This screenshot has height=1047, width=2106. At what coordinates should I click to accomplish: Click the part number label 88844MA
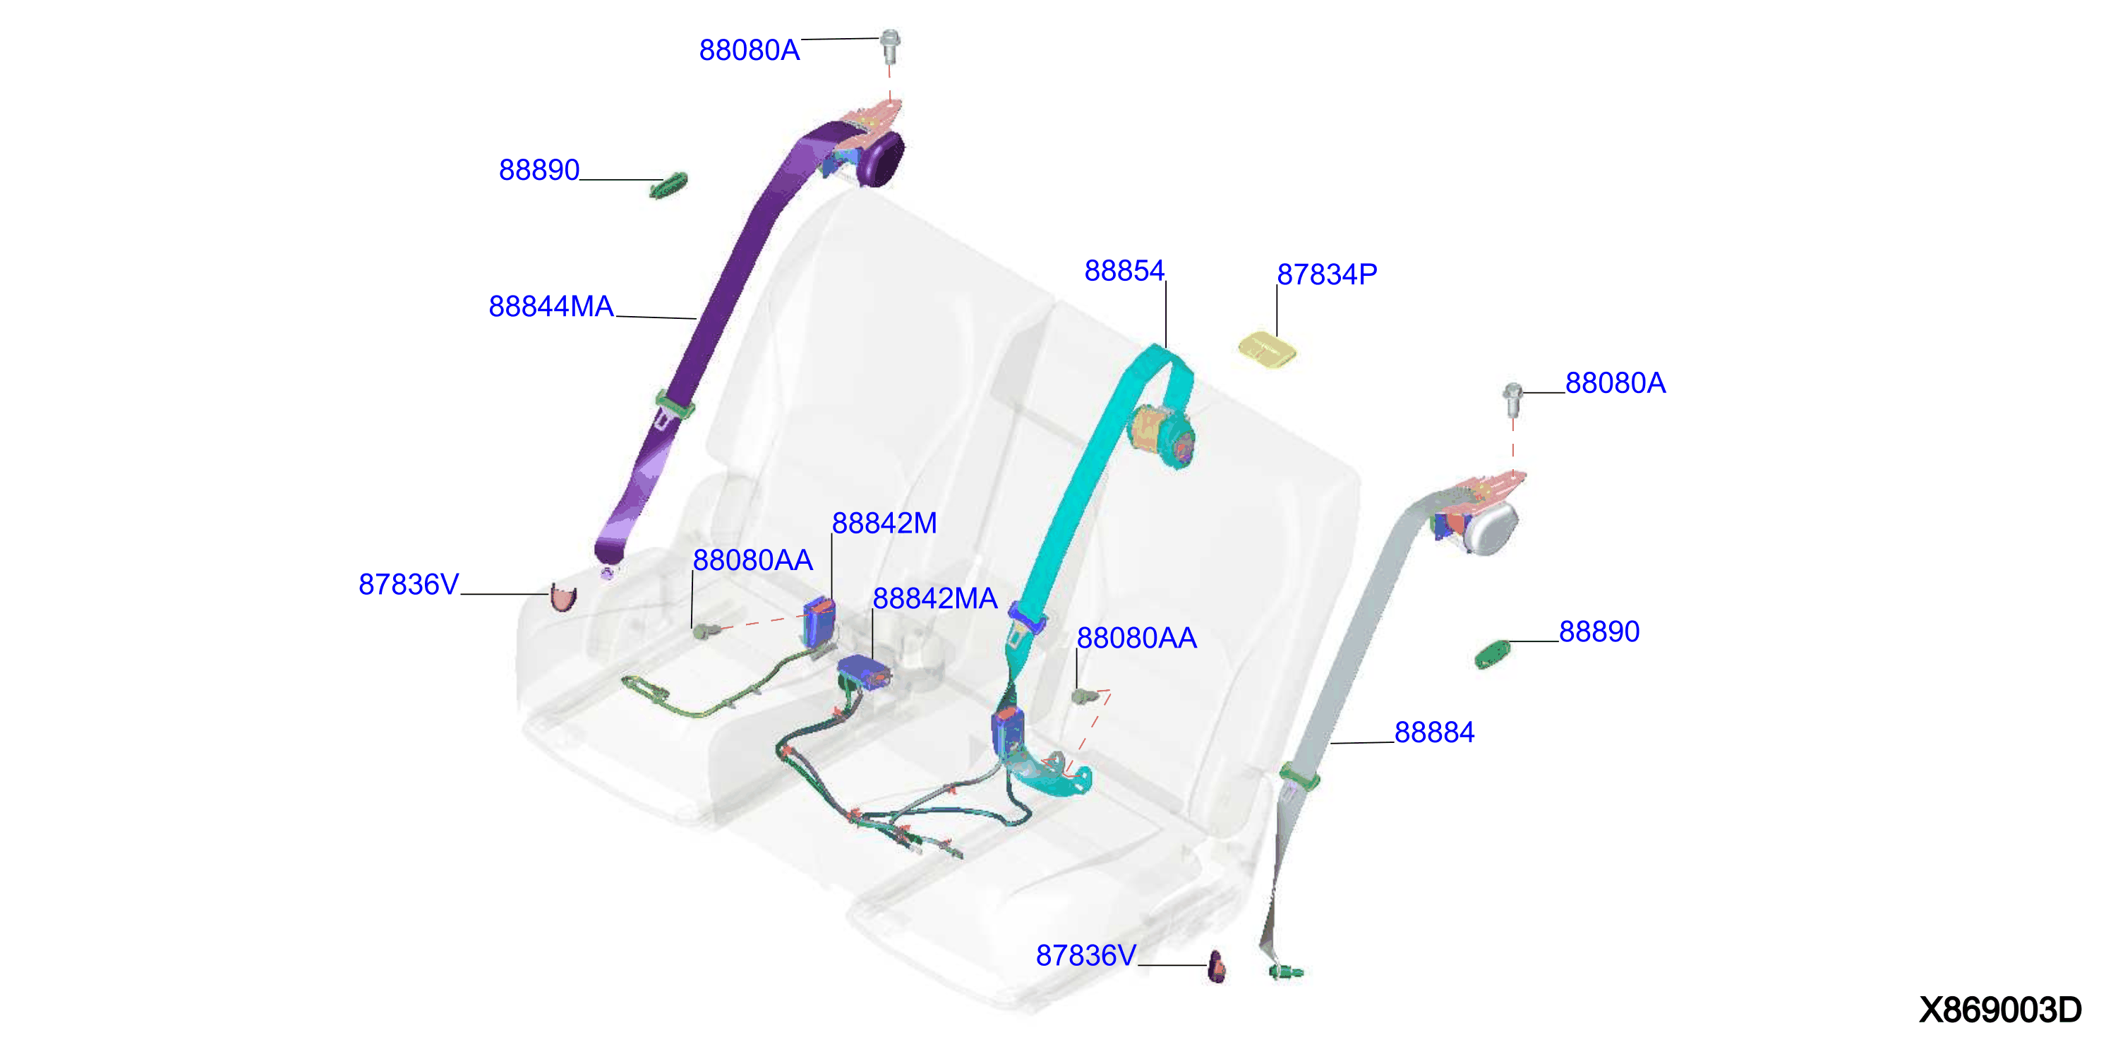pos(551,306)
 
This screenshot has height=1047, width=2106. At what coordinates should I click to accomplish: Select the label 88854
pos(1124,270)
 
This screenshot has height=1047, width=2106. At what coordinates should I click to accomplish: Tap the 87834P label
pos(1327,274)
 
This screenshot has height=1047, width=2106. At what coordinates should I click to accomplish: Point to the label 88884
pos(1434,732)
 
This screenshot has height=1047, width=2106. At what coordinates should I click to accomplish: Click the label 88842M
pos(884,523)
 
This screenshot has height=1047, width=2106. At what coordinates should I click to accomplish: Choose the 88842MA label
pos(934,598)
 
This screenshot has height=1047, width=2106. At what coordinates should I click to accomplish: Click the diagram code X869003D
pos(1999,1010)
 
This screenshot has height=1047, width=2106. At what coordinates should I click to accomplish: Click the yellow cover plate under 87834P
pos(1267,350)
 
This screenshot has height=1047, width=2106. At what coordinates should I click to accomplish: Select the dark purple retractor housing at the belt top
pos(881,159)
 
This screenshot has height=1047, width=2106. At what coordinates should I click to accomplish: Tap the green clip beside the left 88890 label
pos(669,186)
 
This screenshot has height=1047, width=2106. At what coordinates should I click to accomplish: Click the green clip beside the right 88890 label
pos(1493,655)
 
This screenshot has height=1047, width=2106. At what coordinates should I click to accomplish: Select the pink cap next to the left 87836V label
pos(563,598)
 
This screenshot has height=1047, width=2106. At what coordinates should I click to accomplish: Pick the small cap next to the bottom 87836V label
pos(1217,966)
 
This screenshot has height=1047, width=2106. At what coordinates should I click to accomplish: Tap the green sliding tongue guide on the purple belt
pos(675,404)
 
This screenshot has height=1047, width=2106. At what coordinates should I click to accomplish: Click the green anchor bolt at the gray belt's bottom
pos(1286,972)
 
